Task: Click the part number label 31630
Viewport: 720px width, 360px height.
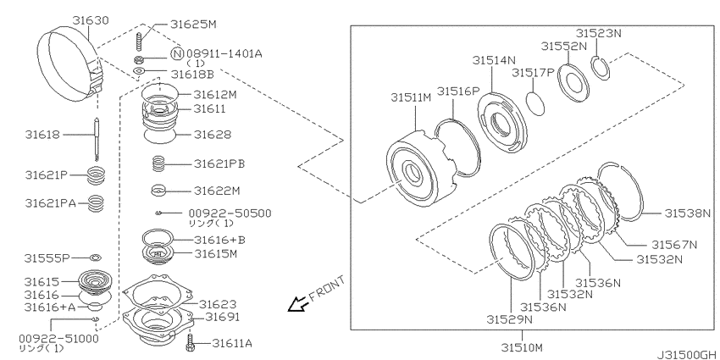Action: click(91, 20)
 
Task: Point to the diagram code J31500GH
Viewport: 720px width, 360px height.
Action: click(685, 355)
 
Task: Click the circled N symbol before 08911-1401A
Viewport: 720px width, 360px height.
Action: click(177, 53)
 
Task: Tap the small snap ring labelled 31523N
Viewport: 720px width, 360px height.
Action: click(599, 68)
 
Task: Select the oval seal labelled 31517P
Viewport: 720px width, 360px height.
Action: click(535, 104)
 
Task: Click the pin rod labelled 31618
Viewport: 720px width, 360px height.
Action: click(97, 139)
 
